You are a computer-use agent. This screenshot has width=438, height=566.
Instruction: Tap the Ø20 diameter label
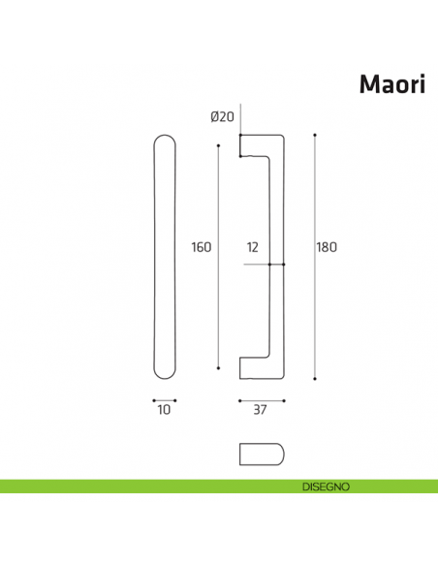click(222, 116)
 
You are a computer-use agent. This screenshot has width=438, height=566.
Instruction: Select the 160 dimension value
click(201, 247)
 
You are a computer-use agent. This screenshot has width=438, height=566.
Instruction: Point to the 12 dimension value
click(253, 247)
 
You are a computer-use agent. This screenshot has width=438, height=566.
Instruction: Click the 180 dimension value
click(327, 247)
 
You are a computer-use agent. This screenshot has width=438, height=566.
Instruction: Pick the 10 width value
click(164, 410)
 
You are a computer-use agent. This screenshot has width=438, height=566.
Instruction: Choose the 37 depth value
click(260, 410)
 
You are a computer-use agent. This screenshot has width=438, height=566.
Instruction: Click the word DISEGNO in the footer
click(318, 486)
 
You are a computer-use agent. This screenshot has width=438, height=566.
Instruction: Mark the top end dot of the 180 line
click(315, 134)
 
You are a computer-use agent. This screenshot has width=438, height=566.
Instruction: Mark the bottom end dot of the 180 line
click(315, 378)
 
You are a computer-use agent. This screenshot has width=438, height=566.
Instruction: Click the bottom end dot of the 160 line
click(219, 367)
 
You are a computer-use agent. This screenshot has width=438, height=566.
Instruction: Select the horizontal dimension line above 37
click(261, 399)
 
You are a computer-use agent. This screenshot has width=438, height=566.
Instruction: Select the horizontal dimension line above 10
click(165, 399)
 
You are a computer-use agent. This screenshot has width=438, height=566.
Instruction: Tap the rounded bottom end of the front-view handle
click(165, 374)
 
